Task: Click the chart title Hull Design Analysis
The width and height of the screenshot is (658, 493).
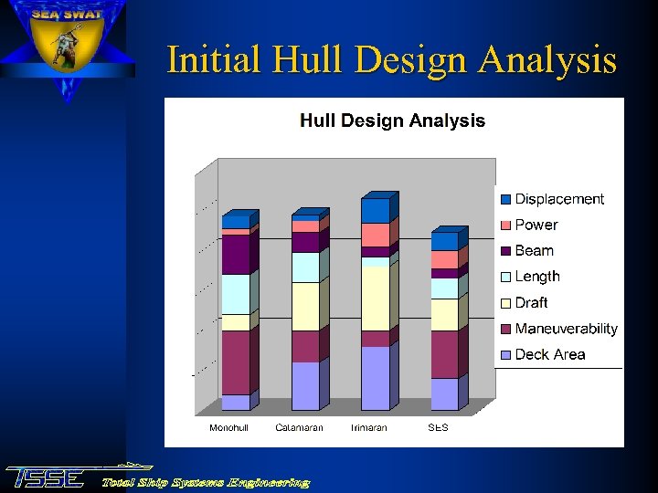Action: click(x=393, y=121)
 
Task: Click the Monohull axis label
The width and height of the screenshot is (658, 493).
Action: click(x=229, y=427)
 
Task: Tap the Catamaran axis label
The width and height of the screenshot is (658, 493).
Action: click(x=299, y=427)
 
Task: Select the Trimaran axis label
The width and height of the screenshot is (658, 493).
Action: click(x=368, y=427)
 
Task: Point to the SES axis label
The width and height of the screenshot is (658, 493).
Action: click(x=439, y=427)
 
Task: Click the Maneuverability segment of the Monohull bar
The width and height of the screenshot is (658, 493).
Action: click(x=235, y=362)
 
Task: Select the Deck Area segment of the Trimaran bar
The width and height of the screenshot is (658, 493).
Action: click(x=375, y=378)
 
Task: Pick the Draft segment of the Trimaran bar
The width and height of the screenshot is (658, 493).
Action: click(x=375, y=298)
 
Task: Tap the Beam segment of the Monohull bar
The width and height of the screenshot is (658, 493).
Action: click(x=235, y=254)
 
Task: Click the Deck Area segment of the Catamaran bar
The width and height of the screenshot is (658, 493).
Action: click(x=305, y=385)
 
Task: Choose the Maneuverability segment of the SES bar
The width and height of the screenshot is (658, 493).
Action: click(x=444, y=354)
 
